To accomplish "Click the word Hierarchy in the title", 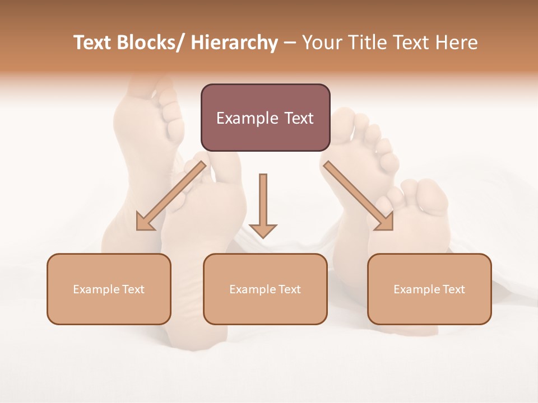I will pyautogui.click(x=234, y=43).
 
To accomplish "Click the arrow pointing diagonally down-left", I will pyautogui.click(x=171, y=196).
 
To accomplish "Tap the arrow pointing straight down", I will pyautogui.click(x=263, y=204).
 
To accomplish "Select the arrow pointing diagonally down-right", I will pyautogui.click(x=359, y=196).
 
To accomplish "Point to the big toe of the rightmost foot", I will pyautogui.click(x=432, y=194).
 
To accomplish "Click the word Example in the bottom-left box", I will pyautogui.click(x=95, y=289).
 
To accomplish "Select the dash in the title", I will pyautogui.click(x=290, y=44).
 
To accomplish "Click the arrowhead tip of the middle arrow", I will pyautogui.click(x=263, y=237).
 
